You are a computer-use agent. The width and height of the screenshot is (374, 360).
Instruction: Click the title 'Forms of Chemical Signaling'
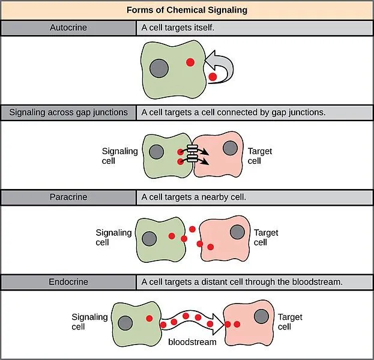[x=187, y=10]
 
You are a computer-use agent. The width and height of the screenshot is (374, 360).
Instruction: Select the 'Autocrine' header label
[x=68, y=28]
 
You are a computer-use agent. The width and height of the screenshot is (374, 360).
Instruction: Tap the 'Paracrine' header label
[x=68, y=196]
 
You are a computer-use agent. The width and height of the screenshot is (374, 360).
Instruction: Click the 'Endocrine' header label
[x=68, y=281]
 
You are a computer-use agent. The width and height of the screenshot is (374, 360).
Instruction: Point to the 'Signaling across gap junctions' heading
[x=68, y=112]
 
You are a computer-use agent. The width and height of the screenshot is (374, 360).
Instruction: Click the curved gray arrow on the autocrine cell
[x=222, y=67]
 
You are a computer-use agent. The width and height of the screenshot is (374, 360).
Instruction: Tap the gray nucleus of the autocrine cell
[x=159, y=67]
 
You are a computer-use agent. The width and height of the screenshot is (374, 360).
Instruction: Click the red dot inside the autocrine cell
[x=190, y=62]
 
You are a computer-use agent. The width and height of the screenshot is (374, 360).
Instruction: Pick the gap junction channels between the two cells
[x=193, y=155]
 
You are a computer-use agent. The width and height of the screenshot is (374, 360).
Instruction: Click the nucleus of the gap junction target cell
[x=230, y=148]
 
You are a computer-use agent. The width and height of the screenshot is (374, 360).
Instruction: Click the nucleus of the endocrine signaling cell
[x=126, y=322]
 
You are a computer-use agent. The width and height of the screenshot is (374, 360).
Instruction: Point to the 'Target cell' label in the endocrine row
[x=290, y=322]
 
